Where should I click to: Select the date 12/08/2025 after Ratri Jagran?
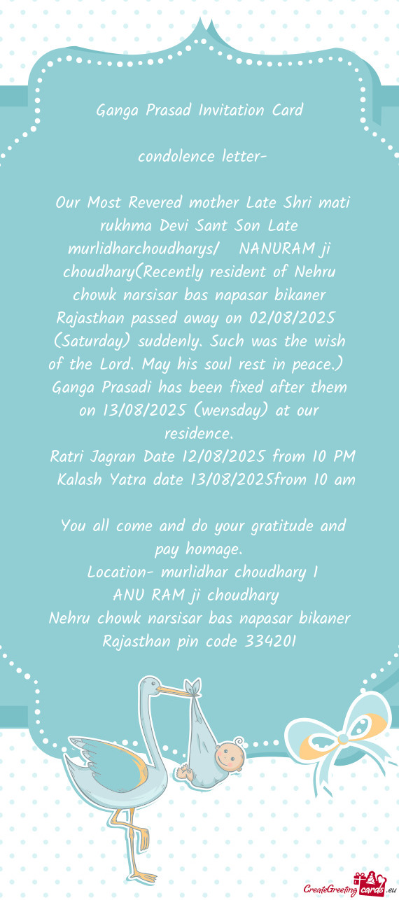tap(224, 457)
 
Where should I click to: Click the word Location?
tap(116, 572)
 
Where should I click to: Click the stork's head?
tap(148, 689)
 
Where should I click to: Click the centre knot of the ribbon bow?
tap(343, 739)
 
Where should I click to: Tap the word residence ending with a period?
tap(199, 434)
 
